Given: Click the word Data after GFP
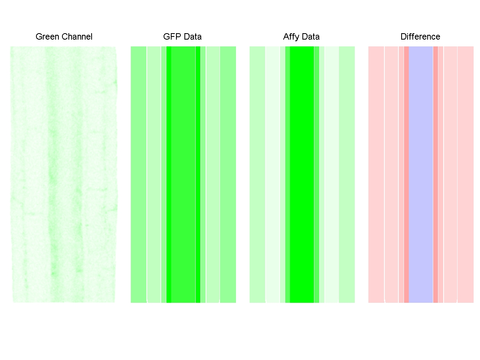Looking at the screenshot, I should (192, 37).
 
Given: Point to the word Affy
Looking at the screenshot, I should (291, 37).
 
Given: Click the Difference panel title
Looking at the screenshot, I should (420, 37).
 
